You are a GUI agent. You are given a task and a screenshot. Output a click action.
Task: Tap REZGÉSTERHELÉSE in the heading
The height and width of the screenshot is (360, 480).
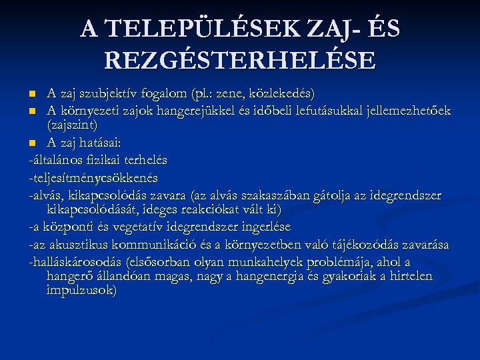pos(240,61)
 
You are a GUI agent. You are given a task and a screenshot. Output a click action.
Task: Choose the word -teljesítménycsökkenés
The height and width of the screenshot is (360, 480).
pos(93,178)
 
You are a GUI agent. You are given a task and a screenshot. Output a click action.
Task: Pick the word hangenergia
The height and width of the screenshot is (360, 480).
pos(265,276)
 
